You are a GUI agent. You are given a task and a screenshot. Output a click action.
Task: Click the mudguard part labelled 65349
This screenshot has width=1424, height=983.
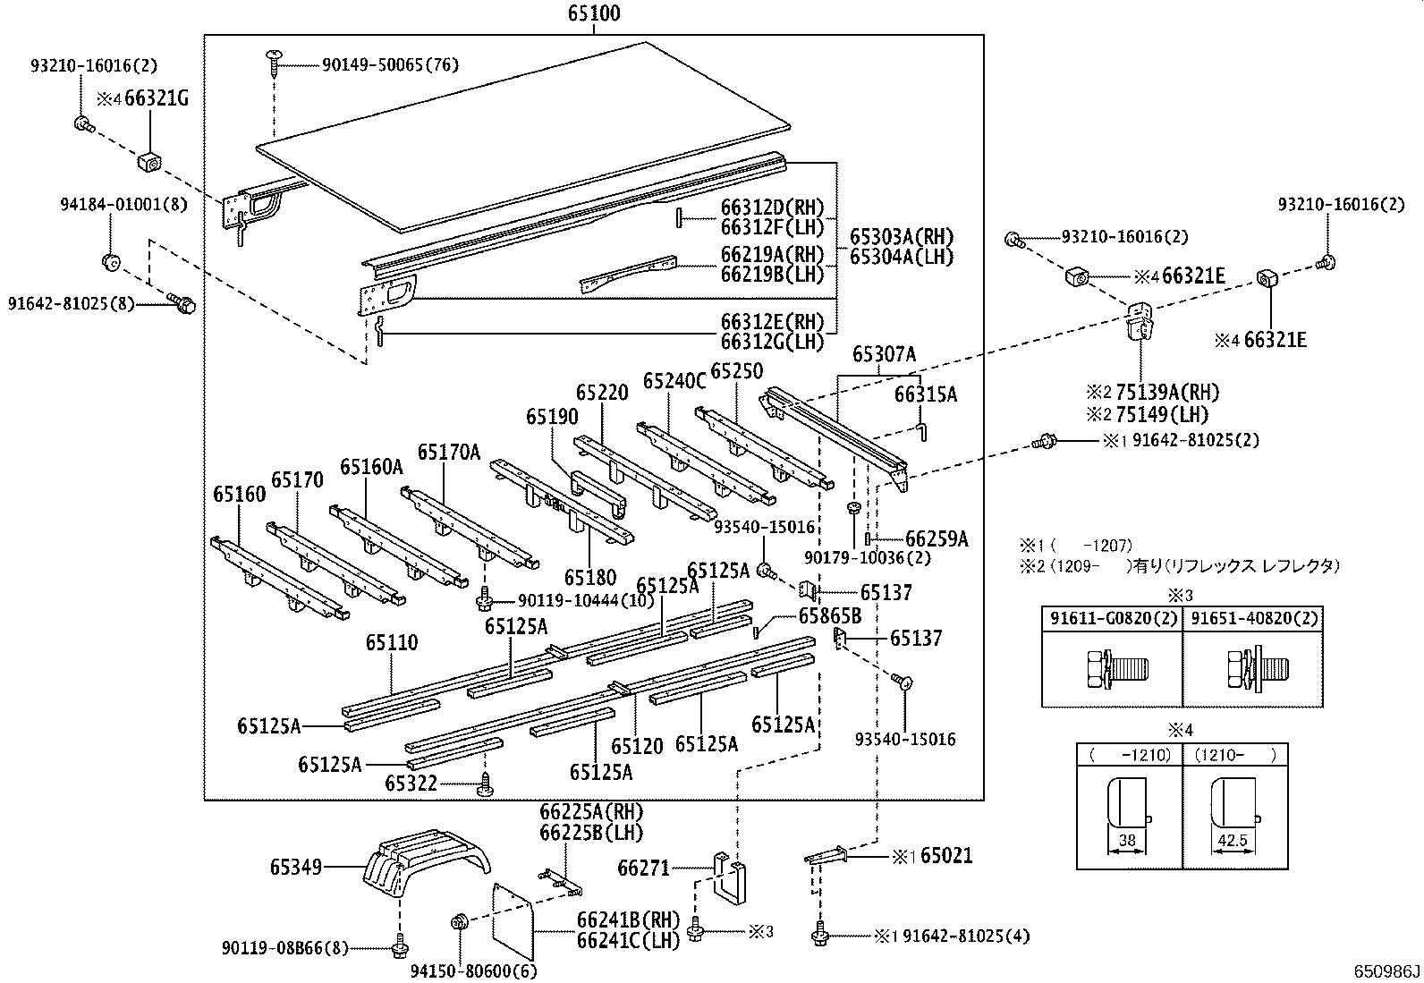pos(429,862)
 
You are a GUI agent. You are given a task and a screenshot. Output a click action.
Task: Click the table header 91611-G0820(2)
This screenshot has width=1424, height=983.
pos(1112,618)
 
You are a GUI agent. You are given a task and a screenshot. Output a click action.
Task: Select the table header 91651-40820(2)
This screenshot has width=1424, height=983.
pos(1252,618)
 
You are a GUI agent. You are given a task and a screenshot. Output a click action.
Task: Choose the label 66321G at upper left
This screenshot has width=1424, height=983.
pos(157,98)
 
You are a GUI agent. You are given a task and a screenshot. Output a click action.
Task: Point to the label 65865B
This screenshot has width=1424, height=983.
pos(829,615)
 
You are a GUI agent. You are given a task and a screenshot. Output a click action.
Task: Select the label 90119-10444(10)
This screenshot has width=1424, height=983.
pos(587,601)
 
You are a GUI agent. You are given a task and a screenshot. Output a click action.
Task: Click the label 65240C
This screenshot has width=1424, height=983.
pos(674,382)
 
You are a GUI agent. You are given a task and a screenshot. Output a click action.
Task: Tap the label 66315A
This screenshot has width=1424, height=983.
pos(926,394)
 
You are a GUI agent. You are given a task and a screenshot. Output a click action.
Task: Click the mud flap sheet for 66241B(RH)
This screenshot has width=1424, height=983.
pos(514,916)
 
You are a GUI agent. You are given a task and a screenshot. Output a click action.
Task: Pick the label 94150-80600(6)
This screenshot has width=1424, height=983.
pos(473,970)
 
